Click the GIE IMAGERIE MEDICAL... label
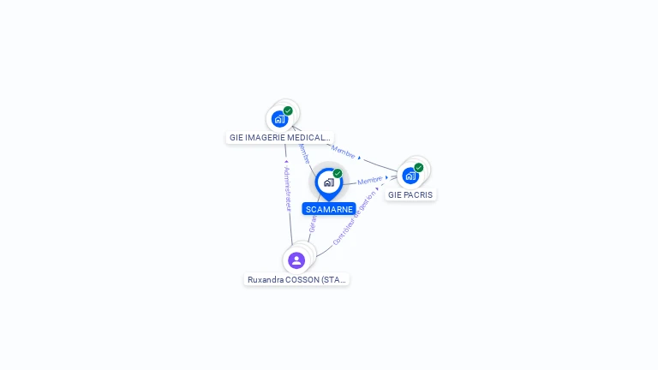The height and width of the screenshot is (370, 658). click(279, 137)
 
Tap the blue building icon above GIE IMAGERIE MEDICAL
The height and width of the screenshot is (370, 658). click(279, 119)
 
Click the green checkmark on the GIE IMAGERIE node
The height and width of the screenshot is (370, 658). click(288, 110)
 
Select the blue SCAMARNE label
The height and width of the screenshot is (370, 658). click(329, 209)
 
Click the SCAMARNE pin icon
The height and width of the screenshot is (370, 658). click(328, 182)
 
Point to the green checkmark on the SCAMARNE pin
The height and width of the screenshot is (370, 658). click(338, 174)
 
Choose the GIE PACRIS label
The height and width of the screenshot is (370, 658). click(410, 194)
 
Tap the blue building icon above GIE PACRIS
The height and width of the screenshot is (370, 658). click(410, 176)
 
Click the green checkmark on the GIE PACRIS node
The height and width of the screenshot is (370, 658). click(419, 168)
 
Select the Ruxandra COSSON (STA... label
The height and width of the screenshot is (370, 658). click(296, 279)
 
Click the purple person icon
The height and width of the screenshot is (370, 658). click(296, 260)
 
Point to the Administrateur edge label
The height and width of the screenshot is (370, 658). click(288, 188)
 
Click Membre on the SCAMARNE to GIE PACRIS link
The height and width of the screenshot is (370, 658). click(370, 181)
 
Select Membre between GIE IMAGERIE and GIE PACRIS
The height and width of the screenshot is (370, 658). click(344, 153)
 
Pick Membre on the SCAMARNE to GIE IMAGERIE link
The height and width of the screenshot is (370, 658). click(304, 154)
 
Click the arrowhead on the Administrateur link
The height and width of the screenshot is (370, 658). click(286, 161)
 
